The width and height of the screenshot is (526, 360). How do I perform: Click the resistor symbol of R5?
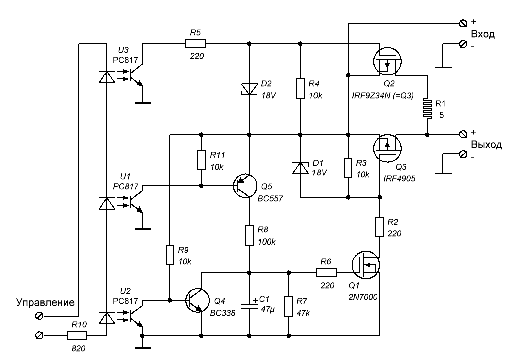pyautogui.click(x=195, y=44)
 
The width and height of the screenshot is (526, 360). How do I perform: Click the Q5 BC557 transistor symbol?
pyautogui.click(x=245, y=186)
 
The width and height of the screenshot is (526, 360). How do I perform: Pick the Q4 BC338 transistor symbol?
pyautogui.click(x=198, y=300)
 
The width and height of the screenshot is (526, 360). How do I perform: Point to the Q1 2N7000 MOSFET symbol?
pyautogui.click(x=366, y=265)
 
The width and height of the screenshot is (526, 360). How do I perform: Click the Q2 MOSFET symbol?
pyautogui.click(x=387, y=61)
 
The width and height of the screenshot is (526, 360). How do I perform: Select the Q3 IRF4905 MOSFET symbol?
pyautogui.click(x=387, y=148)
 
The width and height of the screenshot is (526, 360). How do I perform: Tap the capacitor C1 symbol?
pyautogui.click(x=249, y=304)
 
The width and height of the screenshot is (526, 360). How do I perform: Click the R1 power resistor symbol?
pyautogui.click(x=427, y=108)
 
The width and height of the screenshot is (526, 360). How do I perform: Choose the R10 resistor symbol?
pyautogui.click(x=77, y=335)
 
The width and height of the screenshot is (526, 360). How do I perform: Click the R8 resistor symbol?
pyautogui.click(x=249, y=235)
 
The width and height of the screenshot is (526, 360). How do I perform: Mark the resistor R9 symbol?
pyautogui.click(x=170, y=255)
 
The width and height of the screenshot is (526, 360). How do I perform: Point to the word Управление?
pyautogui.click(x=45, y=303)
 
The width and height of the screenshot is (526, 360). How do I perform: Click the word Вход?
pyautogui.click(x=483, y=34)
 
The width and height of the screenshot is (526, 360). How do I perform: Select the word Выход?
pyautogui.click(x=486, y=145)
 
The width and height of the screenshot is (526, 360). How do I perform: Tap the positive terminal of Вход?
pyautogui.click(x=463, y=23)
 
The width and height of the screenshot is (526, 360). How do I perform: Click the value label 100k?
pyautogui.click(x=267, y=242)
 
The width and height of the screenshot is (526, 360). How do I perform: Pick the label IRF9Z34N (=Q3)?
pyautogui.click(x=383, y=96)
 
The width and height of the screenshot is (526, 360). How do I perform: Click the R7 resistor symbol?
pyautogui.click(x=289, y=306)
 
